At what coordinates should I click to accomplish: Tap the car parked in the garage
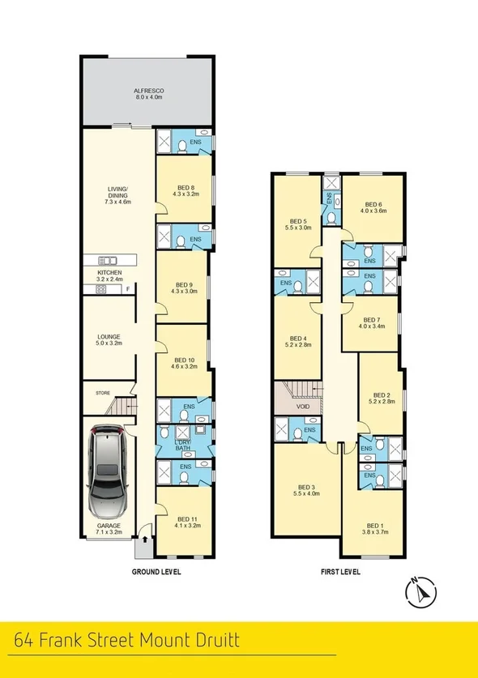(107, 474)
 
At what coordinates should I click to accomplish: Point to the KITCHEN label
(109, 273)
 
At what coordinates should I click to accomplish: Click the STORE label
(103, 393)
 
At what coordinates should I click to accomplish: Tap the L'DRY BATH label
(182, 444)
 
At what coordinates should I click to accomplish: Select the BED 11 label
(187, 518)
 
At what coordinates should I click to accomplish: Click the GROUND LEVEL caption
(156, 571)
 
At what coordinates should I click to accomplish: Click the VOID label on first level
(303, 407)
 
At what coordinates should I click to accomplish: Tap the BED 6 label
(373, 204)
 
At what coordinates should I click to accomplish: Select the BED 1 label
(373, 524)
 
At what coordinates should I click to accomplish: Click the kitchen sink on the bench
(108, 260)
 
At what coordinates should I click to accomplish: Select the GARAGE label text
(109, 526)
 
